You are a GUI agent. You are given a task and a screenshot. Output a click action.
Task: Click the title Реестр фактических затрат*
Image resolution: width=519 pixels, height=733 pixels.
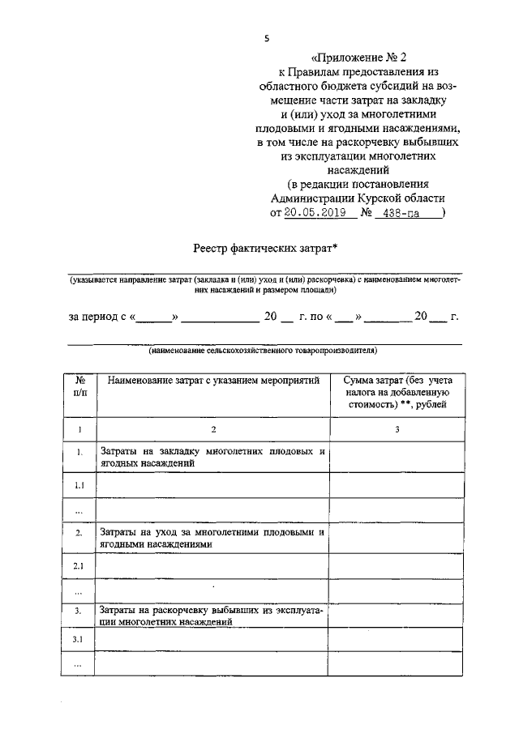tap(264, 249)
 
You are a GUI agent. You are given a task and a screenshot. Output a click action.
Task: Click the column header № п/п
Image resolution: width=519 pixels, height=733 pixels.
tap(79, 386)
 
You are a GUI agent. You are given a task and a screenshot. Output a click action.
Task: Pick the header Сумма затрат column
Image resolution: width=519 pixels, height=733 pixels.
tap(397, 390)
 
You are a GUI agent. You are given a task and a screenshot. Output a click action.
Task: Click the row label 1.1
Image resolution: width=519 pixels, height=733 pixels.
tap(79, 485)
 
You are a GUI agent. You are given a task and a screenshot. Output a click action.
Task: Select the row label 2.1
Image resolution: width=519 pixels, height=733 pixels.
tap(79, 565)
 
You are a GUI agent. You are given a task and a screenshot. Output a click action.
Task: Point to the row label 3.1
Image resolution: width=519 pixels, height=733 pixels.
tap(79, 640)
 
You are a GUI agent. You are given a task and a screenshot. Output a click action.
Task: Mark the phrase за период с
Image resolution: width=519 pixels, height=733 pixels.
tap(97, 317)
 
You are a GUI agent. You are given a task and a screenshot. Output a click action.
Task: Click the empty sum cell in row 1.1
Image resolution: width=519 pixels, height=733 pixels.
tap(397, 485)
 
